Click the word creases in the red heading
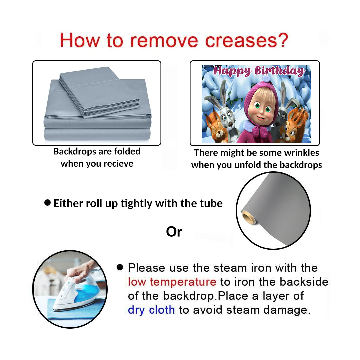pyautogui.click(x=241, y=41)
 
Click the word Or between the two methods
pyautogui.click(x=174, y=232)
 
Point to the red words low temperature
pyautogui.click(x=172, y=282)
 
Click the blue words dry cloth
pyautogui.click(x=151, y=310)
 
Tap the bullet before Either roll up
pyautogui.click(x=47, y=203)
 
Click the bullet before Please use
pyautogui.click(x=120, y=267)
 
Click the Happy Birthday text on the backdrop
pyautogui.click(x=259, y=71)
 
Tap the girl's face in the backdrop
pyautogui.click(x=262, y=108)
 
